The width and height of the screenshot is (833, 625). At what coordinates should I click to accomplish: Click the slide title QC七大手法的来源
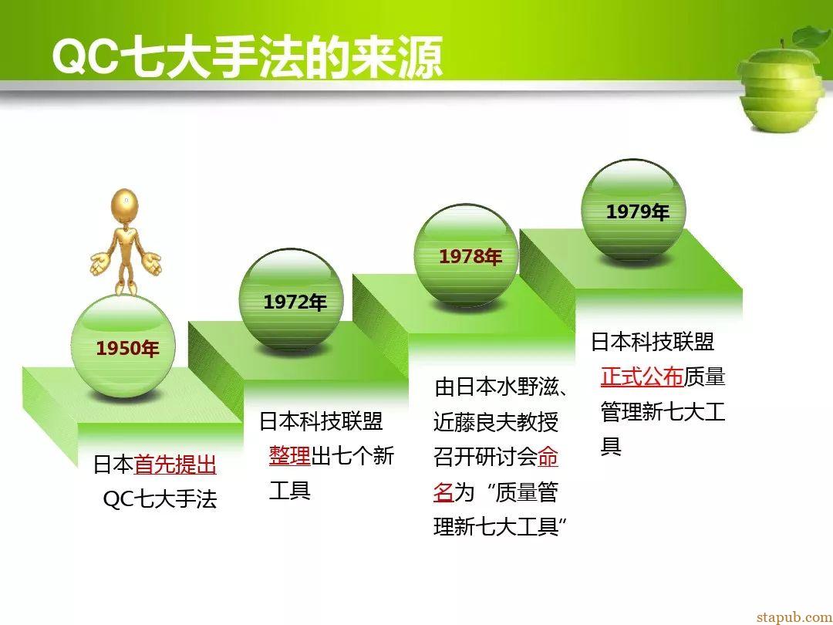248,57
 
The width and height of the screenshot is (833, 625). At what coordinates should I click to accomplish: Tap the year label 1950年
127,349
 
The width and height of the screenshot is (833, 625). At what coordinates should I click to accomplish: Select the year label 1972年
295,302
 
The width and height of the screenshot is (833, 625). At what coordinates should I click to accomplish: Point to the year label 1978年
470,257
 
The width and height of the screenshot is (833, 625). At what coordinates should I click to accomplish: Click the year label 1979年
638,212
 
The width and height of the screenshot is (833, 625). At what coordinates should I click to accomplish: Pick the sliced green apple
783,79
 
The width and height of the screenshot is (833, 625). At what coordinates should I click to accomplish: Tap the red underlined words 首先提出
175,465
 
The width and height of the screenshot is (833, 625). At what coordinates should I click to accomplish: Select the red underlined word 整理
289,455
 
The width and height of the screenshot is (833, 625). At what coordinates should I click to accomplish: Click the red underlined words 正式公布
642,377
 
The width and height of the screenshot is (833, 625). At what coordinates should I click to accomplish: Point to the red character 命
548,457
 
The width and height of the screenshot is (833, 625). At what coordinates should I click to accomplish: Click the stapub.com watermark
794,617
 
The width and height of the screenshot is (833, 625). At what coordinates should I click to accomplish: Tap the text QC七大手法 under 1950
160,499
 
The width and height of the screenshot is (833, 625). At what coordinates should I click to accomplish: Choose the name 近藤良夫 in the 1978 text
475,423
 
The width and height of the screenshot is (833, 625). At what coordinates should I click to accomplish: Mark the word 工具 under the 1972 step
289,490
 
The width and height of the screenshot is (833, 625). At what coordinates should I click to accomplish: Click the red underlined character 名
443,492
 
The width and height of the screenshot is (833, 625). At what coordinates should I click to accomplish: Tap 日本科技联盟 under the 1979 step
653,342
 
